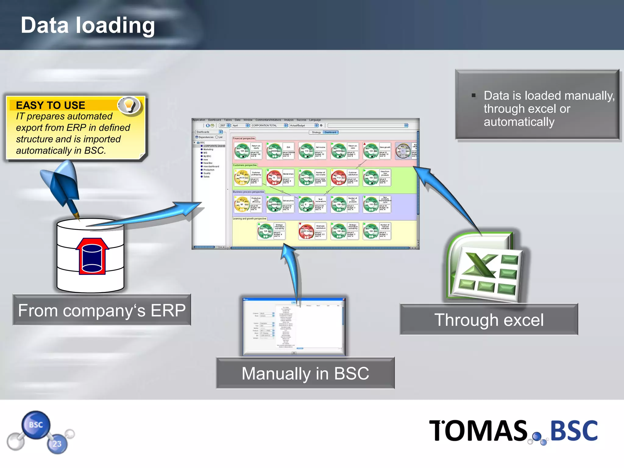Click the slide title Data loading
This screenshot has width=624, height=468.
[x=88, y=26]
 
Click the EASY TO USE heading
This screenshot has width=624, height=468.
[x=51, y=105]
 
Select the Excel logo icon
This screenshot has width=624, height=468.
[x=486, y=268]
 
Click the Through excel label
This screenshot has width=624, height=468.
[x=489, y=320]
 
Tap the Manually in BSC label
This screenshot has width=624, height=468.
[x=305, y=374]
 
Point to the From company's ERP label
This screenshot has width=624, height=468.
[x=102, y=310]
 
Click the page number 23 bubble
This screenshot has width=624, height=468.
[x=57, y=444]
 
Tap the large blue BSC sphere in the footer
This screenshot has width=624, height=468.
[x=36, y=425]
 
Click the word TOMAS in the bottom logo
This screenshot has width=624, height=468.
[x=478, y=431]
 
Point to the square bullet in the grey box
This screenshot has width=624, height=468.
[x=473, y=95]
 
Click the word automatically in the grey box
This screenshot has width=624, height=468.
[x=519, y=122]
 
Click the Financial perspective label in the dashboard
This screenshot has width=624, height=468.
[x=244, y=138]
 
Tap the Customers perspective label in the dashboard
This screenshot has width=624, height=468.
[x=245, y=165]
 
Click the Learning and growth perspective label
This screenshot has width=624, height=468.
[x=250, y=218]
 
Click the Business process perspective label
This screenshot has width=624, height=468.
[x=248, y=192]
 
